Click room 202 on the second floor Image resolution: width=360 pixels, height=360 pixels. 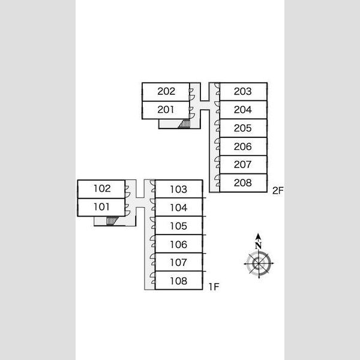166,92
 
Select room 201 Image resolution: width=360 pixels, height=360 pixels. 166,110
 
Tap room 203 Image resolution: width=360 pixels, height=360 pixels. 244,92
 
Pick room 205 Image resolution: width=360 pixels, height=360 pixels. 244,128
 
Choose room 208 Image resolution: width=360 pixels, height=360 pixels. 244,183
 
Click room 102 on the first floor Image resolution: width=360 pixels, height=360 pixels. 101,189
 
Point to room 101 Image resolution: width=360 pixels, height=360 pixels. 101,208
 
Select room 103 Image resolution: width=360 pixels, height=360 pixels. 179,189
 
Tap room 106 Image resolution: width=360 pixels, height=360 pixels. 179,244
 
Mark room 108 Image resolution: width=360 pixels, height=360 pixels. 179,281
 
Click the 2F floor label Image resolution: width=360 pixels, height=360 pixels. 278,191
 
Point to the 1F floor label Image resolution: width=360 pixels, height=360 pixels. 214,287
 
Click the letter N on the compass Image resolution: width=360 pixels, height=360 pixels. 258,246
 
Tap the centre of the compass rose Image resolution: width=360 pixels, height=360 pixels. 259,263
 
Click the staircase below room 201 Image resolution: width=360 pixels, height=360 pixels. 184,124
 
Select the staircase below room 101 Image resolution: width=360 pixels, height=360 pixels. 112,221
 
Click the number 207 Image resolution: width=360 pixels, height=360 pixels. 242,164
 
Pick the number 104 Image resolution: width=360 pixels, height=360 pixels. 179,208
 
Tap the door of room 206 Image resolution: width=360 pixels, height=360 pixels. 217,144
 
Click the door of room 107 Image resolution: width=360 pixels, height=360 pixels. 152,259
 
